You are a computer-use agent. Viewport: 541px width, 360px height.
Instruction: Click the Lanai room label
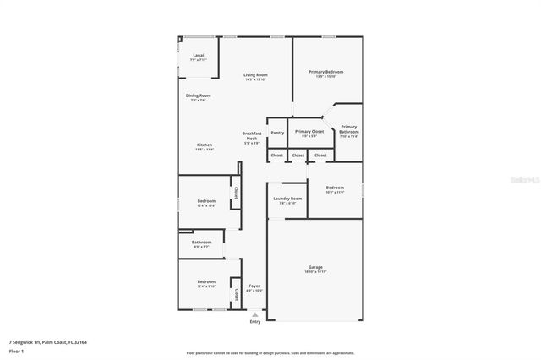pyautogui.click(x=198, y=56)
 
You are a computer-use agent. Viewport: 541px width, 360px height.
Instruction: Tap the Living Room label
pyautogui.click(x=255, y=76)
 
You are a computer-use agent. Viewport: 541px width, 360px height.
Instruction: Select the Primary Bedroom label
pyautogui.click(x=325, y=72)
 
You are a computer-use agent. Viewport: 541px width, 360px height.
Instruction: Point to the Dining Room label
pyautogui.click(x=199, y=95)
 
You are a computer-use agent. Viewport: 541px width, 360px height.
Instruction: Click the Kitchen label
pyautogui.click(x=205, y=145)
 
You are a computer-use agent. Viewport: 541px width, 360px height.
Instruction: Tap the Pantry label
pyautogui.click(x=277, y=133)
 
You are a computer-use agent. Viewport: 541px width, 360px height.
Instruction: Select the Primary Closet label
pyautogui.click(x=309, y=132)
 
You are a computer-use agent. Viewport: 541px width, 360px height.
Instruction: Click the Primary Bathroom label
pyautogui.click(x=349, y=129)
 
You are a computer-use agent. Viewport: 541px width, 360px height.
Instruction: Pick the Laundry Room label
pyautogui.click(x=287, y=199)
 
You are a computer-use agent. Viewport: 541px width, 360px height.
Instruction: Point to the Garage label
pyautogui.click(x=315, y=266)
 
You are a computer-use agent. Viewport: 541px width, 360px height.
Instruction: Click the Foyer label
pyautogui.click(x=254, y=286)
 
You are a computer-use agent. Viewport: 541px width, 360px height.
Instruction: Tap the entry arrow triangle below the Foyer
pyautogui.click(x=255, y=314)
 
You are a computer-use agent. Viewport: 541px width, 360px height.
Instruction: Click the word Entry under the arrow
pyautogui.click(x=255, y=322)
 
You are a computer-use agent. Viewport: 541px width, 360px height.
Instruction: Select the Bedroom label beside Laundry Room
pyautogui.click(x=335, y=188)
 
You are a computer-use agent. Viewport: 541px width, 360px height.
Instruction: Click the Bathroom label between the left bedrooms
pyautogui.click(x=201, y=243)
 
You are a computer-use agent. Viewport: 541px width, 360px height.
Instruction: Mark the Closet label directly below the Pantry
pyautogui.click(x=276, y=155)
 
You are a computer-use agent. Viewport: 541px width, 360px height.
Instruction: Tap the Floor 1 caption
pyautogui.click(x=17, y=351)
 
